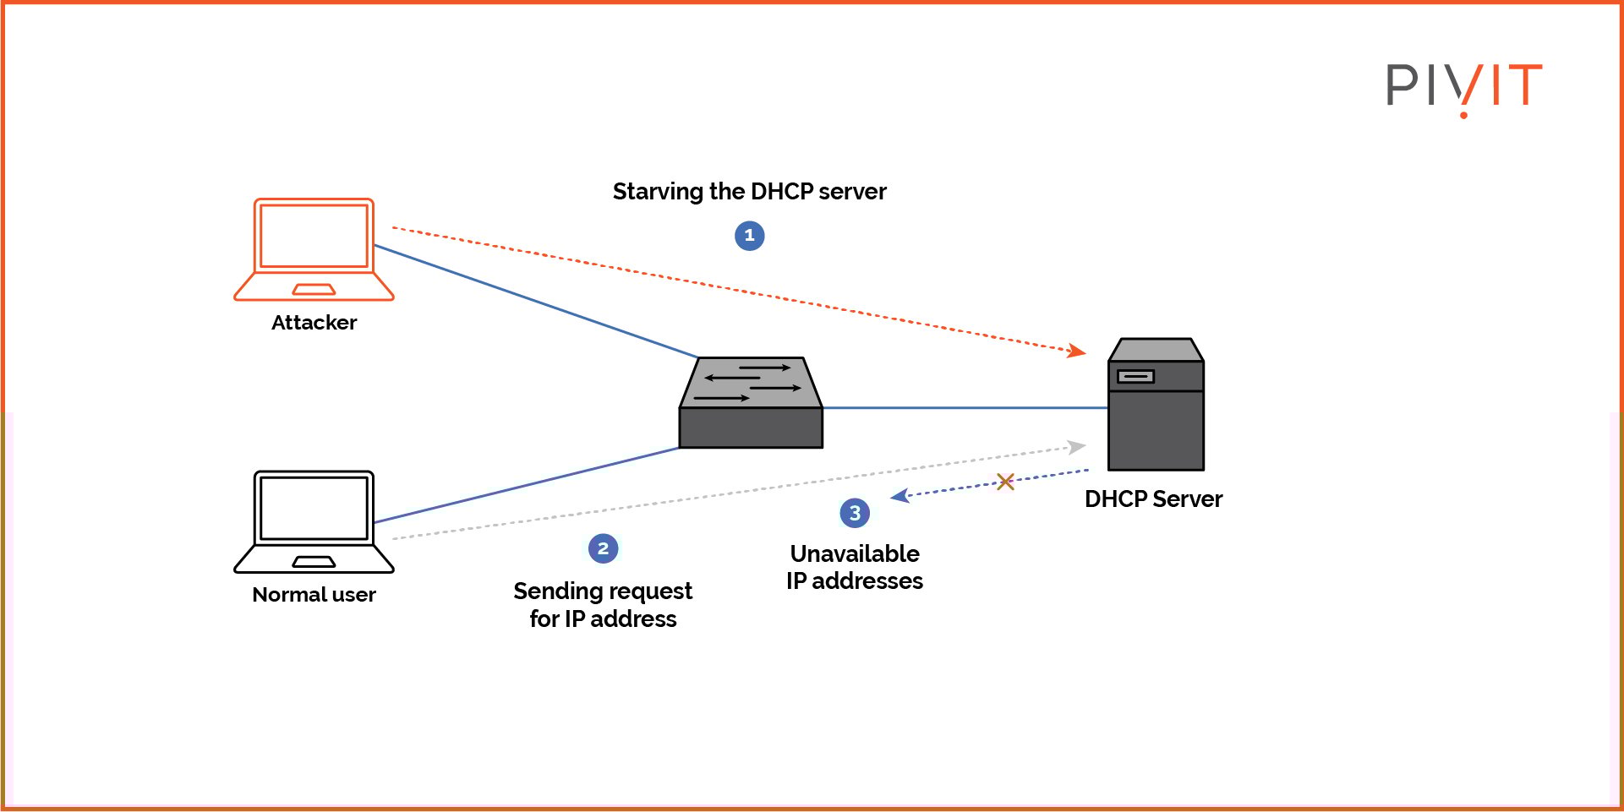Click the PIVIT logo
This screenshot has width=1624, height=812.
1463,86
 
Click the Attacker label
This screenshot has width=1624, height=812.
314,323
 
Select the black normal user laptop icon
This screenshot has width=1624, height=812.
314,521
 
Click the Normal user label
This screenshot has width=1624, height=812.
314,595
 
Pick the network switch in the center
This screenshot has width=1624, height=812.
751,403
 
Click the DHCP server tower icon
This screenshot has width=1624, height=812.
1156,405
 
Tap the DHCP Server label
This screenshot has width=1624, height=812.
1153,499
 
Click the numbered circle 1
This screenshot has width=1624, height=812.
749,236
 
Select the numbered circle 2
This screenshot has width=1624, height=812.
603,548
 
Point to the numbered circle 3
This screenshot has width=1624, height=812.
855,512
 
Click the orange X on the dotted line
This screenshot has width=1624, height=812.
1005,482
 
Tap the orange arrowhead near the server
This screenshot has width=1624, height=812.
1077,350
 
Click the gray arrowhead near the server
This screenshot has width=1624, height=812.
1077,447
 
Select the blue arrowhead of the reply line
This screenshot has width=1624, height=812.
899,496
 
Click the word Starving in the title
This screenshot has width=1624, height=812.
658,192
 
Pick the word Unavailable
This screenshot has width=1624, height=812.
855,553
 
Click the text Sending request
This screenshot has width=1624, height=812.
603,591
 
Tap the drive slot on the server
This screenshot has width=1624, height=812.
1135,376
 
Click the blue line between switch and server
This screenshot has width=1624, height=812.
964,408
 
